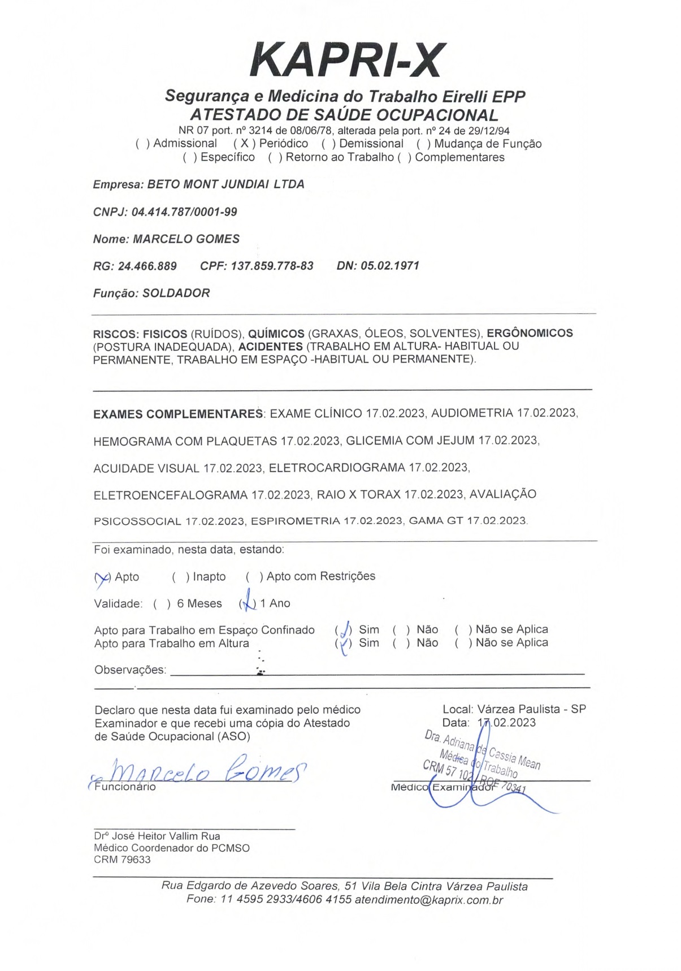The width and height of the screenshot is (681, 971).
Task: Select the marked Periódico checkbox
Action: (244, 144)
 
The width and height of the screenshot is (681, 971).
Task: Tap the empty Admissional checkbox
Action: (143, 144)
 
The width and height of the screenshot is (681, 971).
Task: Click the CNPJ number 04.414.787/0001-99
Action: (184, 212)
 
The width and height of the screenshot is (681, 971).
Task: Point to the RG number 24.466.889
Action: (147, 266)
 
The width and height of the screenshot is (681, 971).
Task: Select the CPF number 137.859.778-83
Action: (272, 266)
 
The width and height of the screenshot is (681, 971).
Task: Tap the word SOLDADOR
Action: (176, 293)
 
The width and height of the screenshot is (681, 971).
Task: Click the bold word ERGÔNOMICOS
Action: (530, 333)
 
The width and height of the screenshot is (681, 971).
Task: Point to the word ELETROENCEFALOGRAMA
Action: (170, 495)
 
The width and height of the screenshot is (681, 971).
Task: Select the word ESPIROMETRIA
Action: (296, 521)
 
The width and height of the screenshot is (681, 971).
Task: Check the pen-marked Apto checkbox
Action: (102, 577)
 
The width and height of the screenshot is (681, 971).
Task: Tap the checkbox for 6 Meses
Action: (162, 604)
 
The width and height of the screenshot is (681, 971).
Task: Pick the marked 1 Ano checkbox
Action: (247, 604)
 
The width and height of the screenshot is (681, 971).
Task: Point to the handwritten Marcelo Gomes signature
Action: (203, 770)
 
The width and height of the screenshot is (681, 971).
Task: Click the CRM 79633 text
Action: (122, 860)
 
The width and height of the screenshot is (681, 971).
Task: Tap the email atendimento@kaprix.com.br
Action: (428, 900)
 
